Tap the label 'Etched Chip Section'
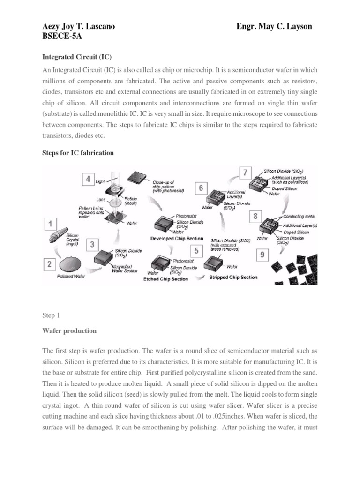coord(165,279)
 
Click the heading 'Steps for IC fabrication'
coord(78,153)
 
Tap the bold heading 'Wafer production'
coord(69,330)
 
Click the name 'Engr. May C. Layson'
coord(274,27)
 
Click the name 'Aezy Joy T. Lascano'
coord(79,27)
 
